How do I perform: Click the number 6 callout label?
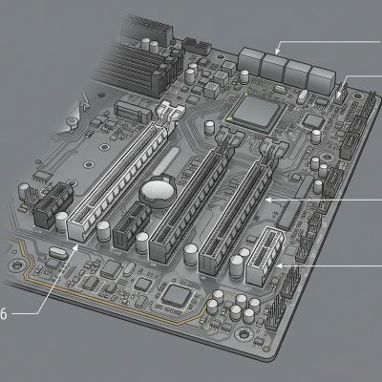[x=3, y=314]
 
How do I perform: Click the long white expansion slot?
[x=120, y=172]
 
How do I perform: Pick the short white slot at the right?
[x=265, y=256]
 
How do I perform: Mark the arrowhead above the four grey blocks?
[x=278, y=51]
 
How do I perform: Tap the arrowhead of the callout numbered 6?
[x=75, y=248]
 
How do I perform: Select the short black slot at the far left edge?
[x=53, y=205]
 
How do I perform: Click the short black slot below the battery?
[x=132, y=225]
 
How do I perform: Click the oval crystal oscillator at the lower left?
[x=58, y=253]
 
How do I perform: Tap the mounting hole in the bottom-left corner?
[x=17, y=265]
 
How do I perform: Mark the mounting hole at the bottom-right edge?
[x=244, y=334]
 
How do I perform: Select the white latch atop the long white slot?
[x=169, y=114]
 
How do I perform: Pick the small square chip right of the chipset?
[x=313, y=121]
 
